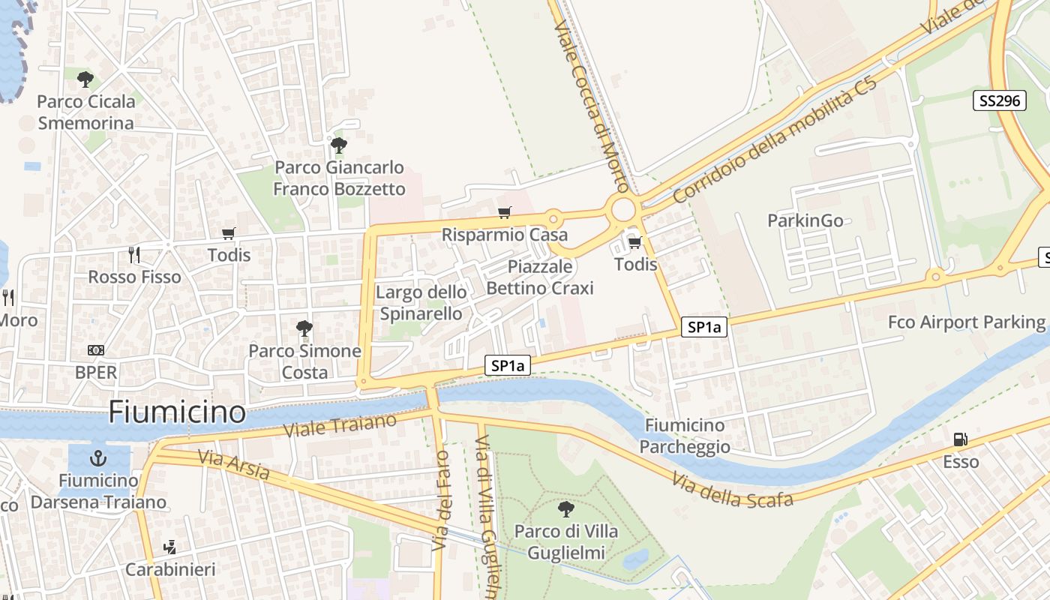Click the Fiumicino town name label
coord(177,412)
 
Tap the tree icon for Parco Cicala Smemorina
coord(85,79)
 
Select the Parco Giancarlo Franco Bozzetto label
coord(339,178)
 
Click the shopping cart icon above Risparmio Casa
coord(504,213)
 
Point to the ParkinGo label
coord(805,220)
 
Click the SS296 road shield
coord(999,100)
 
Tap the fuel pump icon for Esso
coord(960,439)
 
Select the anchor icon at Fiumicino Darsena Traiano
coord(97,457)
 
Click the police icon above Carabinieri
coord(170,547)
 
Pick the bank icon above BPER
coord(96,350)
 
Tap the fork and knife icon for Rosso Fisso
coord(134,255)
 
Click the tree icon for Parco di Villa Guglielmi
coord(566,509)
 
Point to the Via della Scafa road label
coord(732,490)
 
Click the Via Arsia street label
coord(233,465)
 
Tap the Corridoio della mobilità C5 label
coord(774,139)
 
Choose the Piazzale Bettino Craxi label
coord(540,277)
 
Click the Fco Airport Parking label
coord(966,322)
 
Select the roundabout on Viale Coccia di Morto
coord(622,210)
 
